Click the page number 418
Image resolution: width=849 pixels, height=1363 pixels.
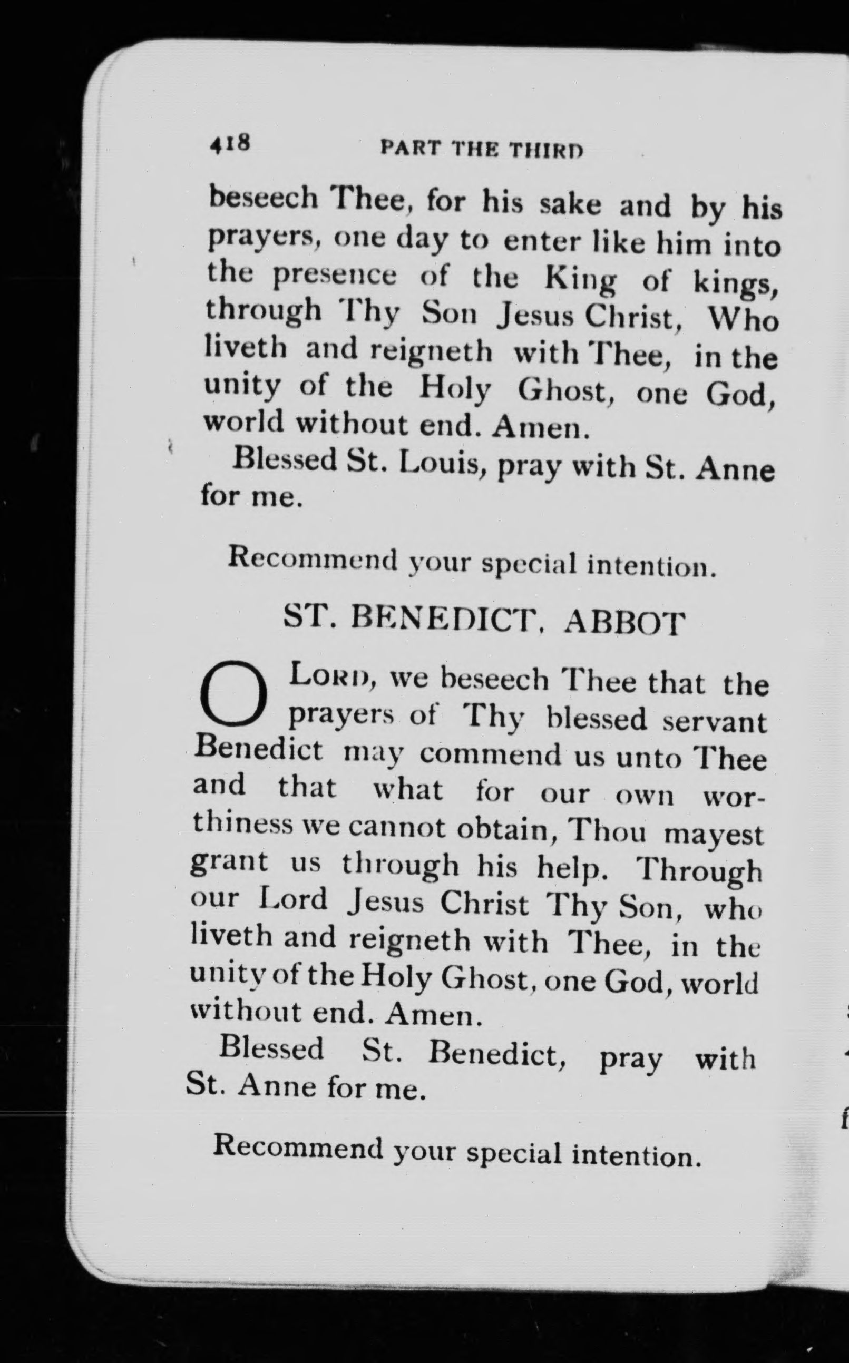[229, 145]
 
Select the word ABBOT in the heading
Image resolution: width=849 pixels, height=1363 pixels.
[624, 623]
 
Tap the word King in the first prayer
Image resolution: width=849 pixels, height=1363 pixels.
[580, 281]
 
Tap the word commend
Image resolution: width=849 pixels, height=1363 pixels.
[490, 754]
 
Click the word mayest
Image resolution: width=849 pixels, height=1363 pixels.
[713, 834]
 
